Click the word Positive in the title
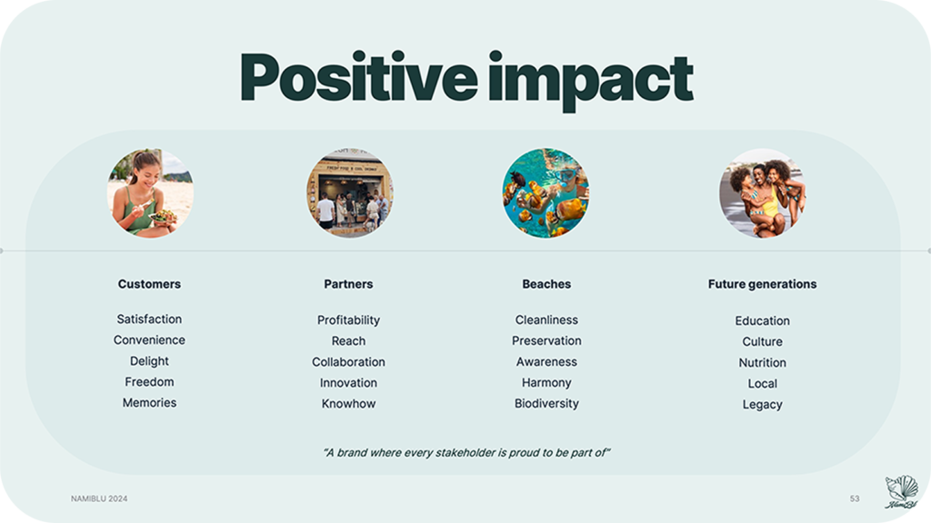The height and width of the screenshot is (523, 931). click(x=358, y=77)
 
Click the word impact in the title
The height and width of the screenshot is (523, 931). click(x=591, y=81)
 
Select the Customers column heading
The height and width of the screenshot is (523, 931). click(x=149, y=284)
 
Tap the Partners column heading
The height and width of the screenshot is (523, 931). click(x=348, y=284)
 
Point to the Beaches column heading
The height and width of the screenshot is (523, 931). click(x=546, y=284)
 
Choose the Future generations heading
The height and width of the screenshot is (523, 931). click(x=763, y=284)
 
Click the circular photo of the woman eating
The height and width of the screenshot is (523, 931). click(x=150, y=193)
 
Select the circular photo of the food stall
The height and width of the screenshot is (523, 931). click(x=350, y=193)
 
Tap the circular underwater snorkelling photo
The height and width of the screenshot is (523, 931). click(x=546, y=193)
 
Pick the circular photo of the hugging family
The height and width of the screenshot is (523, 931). click(x=763, y=193)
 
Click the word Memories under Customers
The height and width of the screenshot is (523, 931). click(x=149, y=402)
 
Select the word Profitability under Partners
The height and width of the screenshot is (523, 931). click(x=348, y=321)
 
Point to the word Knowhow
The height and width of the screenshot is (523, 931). click(x=348, y=404)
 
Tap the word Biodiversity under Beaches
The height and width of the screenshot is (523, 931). click(x=546, y=404)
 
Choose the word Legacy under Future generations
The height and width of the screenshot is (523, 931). click(x=763, y=404)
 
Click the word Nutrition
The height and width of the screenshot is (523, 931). click(x=763, y=362)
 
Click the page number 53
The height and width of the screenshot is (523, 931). click(x=855, y=498)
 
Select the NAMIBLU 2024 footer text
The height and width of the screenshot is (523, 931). click(x=99, y=498)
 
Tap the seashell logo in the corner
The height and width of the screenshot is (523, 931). click(x=901, y=491)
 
